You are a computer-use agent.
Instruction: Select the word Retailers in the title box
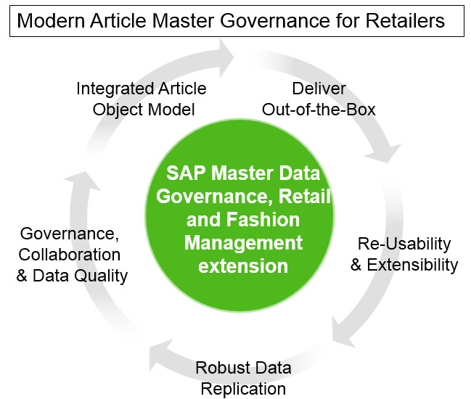point(403,20)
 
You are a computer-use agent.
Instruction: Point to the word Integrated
point(110,89)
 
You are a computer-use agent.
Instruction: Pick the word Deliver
point(319,89)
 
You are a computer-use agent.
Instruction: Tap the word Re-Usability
point(404,244)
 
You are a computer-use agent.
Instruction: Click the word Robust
point(221,368)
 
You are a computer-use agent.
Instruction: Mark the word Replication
point(243,388)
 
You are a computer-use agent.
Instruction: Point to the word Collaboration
point(70,255)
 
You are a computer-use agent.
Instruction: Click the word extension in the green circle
point(243,266)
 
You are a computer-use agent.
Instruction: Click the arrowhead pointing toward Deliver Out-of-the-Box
point(225,51)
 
